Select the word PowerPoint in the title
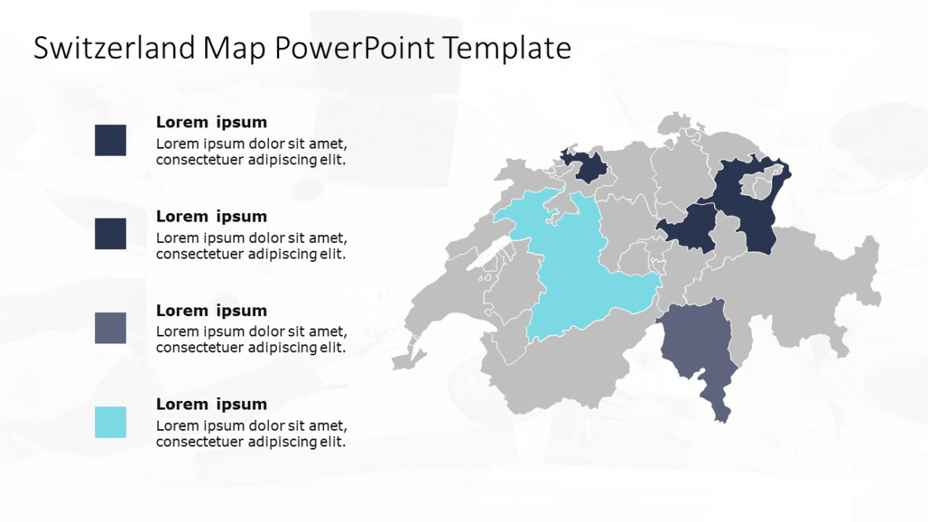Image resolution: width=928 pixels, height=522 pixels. [354, 49]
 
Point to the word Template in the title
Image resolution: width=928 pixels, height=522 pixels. [506, 49]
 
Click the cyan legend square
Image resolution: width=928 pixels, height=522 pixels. [110, 422]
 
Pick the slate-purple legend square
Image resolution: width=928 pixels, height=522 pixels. [110, 328]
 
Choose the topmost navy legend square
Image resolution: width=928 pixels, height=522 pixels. [110, 140]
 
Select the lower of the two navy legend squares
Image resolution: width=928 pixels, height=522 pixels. [110, 233]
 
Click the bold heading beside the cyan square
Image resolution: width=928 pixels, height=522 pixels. [211, 404]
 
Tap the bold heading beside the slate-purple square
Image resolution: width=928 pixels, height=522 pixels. [211, 311]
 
